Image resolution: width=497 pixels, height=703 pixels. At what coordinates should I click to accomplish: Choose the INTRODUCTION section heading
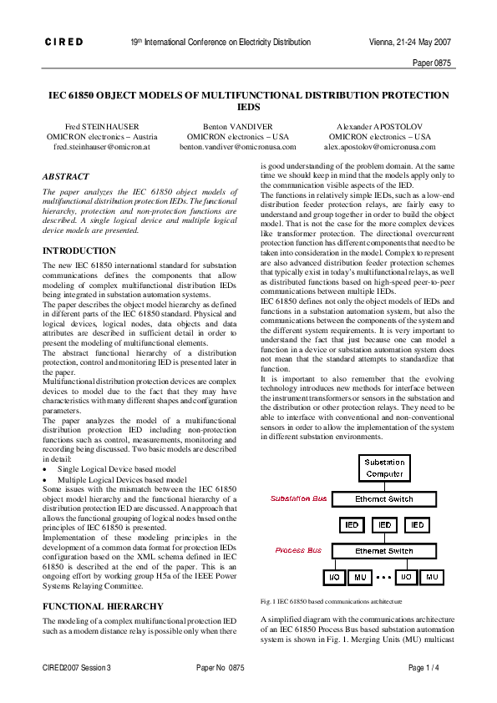click(79, 250)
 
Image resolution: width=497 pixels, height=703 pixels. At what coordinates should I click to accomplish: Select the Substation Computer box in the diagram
click(384, 468)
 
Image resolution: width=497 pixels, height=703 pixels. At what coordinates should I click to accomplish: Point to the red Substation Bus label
click(299, 498)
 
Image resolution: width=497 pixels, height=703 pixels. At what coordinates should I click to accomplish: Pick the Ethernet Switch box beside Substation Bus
click(384, 498)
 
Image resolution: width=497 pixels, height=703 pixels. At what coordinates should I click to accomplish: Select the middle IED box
click(384, 525)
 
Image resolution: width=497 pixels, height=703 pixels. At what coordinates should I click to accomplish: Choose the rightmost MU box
click(432, 577)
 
